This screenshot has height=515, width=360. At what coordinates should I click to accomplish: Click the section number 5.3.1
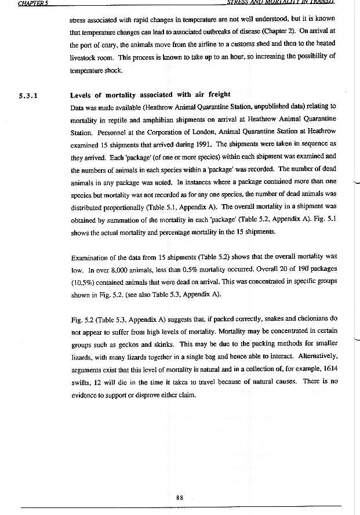point(28,96)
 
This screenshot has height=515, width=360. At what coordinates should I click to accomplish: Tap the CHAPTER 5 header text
point(33,3)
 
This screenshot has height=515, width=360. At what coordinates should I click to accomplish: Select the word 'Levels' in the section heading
point(81,95)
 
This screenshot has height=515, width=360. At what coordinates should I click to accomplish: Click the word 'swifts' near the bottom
point(80,382)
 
